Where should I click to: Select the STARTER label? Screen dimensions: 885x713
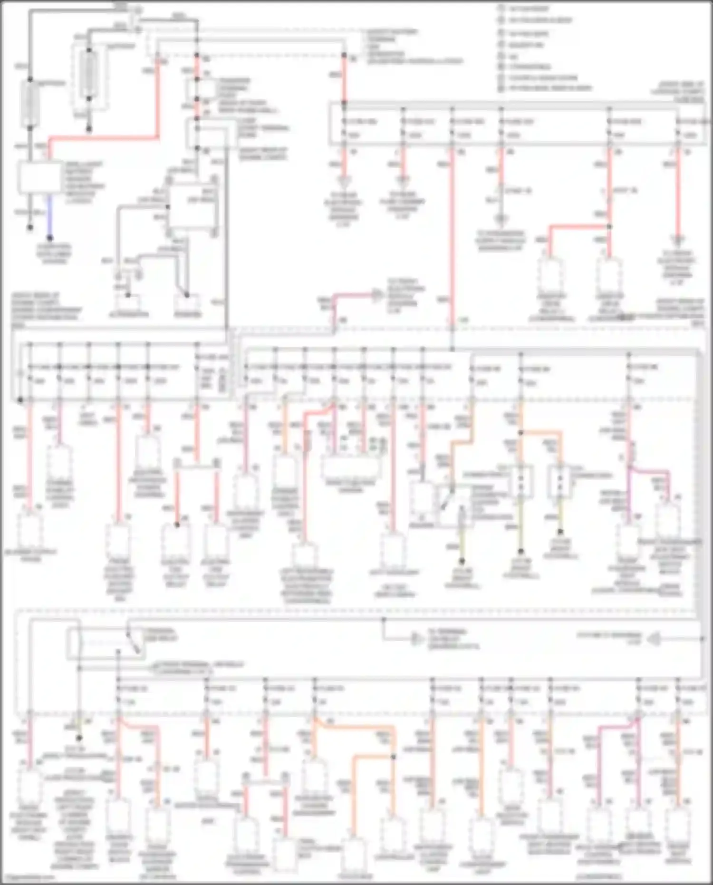pyautogui.click(x=188, y=314)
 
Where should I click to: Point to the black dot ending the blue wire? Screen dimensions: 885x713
pyautogui.click(x=49, y=238)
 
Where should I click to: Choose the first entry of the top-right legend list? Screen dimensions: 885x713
pyautogui.click(x=528, y=9)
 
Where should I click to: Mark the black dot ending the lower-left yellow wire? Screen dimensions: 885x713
pyautogui.click(x=79, y=738)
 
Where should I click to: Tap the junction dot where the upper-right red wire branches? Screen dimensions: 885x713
pyautogui.click(x=609, y=227)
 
